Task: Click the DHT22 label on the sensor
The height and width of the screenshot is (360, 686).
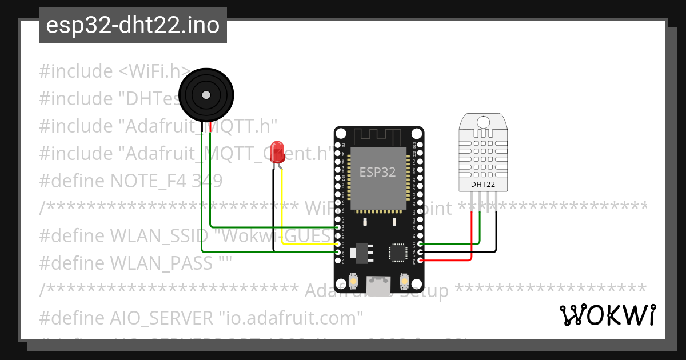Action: point(483,185)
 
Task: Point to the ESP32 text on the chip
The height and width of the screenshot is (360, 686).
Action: point(377,172)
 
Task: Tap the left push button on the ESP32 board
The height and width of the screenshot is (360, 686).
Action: point(353,282)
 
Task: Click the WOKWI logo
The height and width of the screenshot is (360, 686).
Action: point(607,315)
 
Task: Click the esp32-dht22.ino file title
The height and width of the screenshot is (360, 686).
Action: point(133,25)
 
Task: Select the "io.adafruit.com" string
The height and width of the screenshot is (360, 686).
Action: point(292,318)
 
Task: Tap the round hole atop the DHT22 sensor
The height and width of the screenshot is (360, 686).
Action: point(483,122)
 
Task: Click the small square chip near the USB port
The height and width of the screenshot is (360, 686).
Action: point(397,253)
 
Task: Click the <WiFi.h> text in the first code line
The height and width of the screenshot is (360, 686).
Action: point(154,71)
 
